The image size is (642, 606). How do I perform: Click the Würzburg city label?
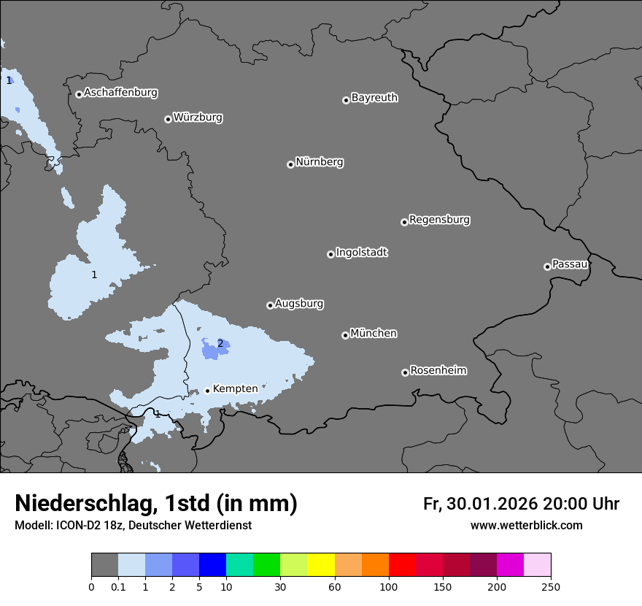pyautogui.click(x=198, y=118)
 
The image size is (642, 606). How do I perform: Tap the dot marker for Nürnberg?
pyautogui.click(x=290, y=164)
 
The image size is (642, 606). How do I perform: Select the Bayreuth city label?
pyautogui.click(x=374, y=98)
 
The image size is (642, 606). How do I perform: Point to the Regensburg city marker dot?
pyautogui.click(x=404, y=222)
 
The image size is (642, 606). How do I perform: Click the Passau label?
pyautogui.click(x=570, y=264)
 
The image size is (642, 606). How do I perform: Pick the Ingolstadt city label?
pyautogui.click(x=362, y=253)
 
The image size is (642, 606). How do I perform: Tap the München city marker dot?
pyautogui.click(x=345, y=336)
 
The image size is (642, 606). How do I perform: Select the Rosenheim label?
pyautogui.click(x=438, y=371)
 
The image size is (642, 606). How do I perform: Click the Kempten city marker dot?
pyautogui.click(x=207, y=391)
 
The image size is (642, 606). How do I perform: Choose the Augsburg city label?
pyautogui.click(x=299, y=304)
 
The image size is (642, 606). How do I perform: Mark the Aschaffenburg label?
pyautogui.click(x=120, y=93)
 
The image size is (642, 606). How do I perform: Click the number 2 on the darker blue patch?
pyautogui.click(x=220, y=343)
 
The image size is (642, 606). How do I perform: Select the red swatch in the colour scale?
pyautogui.click(x=402, y=565)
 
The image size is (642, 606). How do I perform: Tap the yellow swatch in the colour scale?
pyautogui.click(x=321, y=565)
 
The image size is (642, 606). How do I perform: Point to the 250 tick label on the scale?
pyautogui.click(x=551, y=587)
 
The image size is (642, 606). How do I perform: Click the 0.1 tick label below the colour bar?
pyautogui.click(x=118, y=587)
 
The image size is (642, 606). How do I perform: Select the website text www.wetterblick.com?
pyautogui.click(x=526, y=526)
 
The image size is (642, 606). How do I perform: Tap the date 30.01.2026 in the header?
pyautogui.click(x=490, y=504)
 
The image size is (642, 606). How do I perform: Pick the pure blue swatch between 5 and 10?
pyautogui.click(x=213, y=565)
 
